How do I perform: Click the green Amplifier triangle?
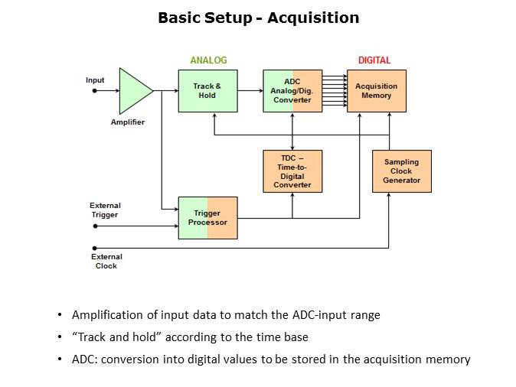133,90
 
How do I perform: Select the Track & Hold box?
207,91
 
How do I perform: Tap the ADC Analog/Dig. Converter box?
292,91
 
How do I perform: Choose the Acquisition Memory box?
377,91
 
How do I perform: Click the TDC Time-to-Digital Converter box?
292,171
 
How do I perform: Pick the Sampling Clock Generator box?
402,171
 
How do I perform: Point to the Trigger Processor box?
207,218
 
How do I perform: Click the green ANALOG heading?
208,60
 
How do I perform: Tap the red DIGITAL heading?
374,60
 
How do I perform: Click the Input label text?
95,80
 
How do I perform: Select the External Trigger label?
105,210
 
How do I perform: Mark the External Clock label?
106,262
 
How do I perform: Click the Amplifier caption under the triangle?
127,122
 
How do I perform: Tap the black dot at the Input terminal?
94,90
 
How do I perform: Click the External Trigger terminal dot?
94,226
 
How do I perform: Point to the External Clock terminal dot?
94,249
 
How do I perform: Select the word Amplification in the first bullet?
107,315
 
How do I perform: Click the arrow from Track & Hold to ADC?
250,90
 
